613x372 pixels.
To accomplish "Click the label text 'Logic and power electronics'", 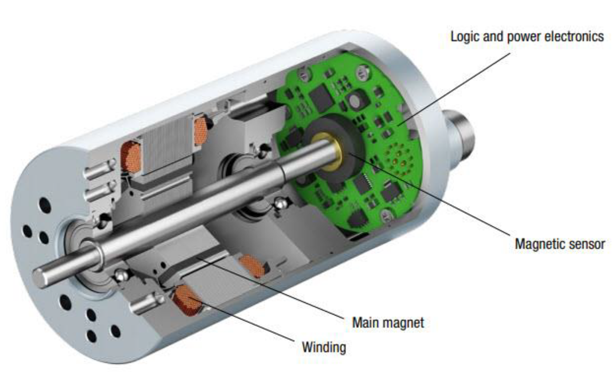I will point(527,37).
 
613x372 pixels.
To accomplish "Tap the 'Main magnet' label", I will point(388,323).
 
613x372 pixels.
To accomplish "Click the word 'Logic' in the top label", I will point(462,37).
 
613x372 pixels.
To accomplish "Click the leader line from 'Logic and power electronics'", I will point(455,87).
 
